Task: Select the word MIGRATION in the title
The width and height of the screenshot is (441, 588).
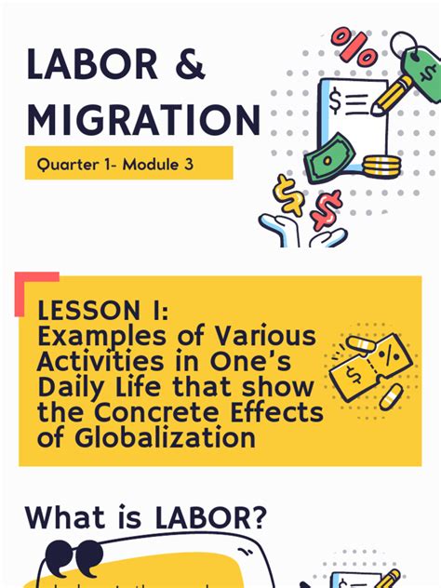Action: [143, 121]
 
